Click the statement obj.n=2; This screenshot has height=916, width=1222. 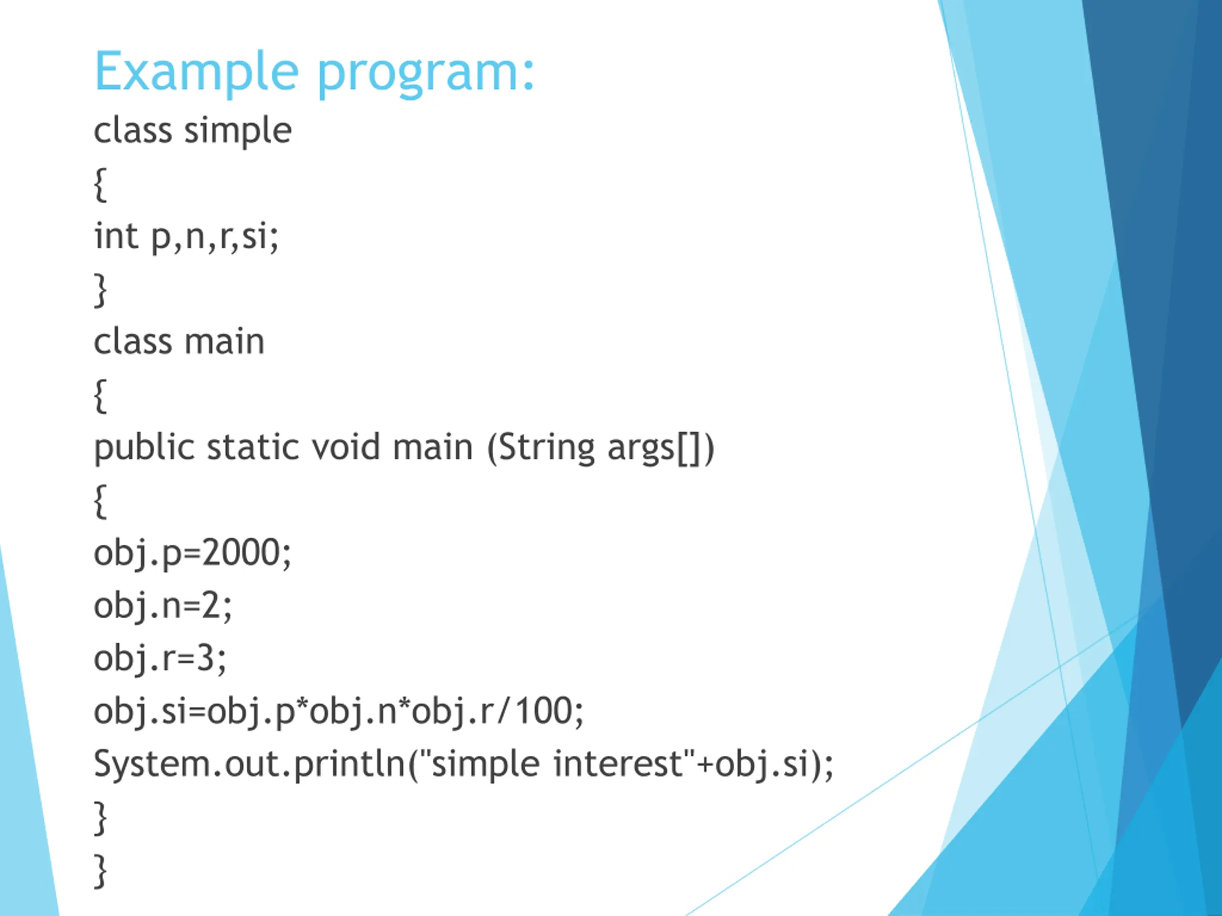click(163, 606)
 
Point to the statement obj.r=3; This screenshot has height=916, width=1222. click(159, 658)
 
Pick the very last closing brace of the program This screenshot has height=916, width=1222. click(100, 871)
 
